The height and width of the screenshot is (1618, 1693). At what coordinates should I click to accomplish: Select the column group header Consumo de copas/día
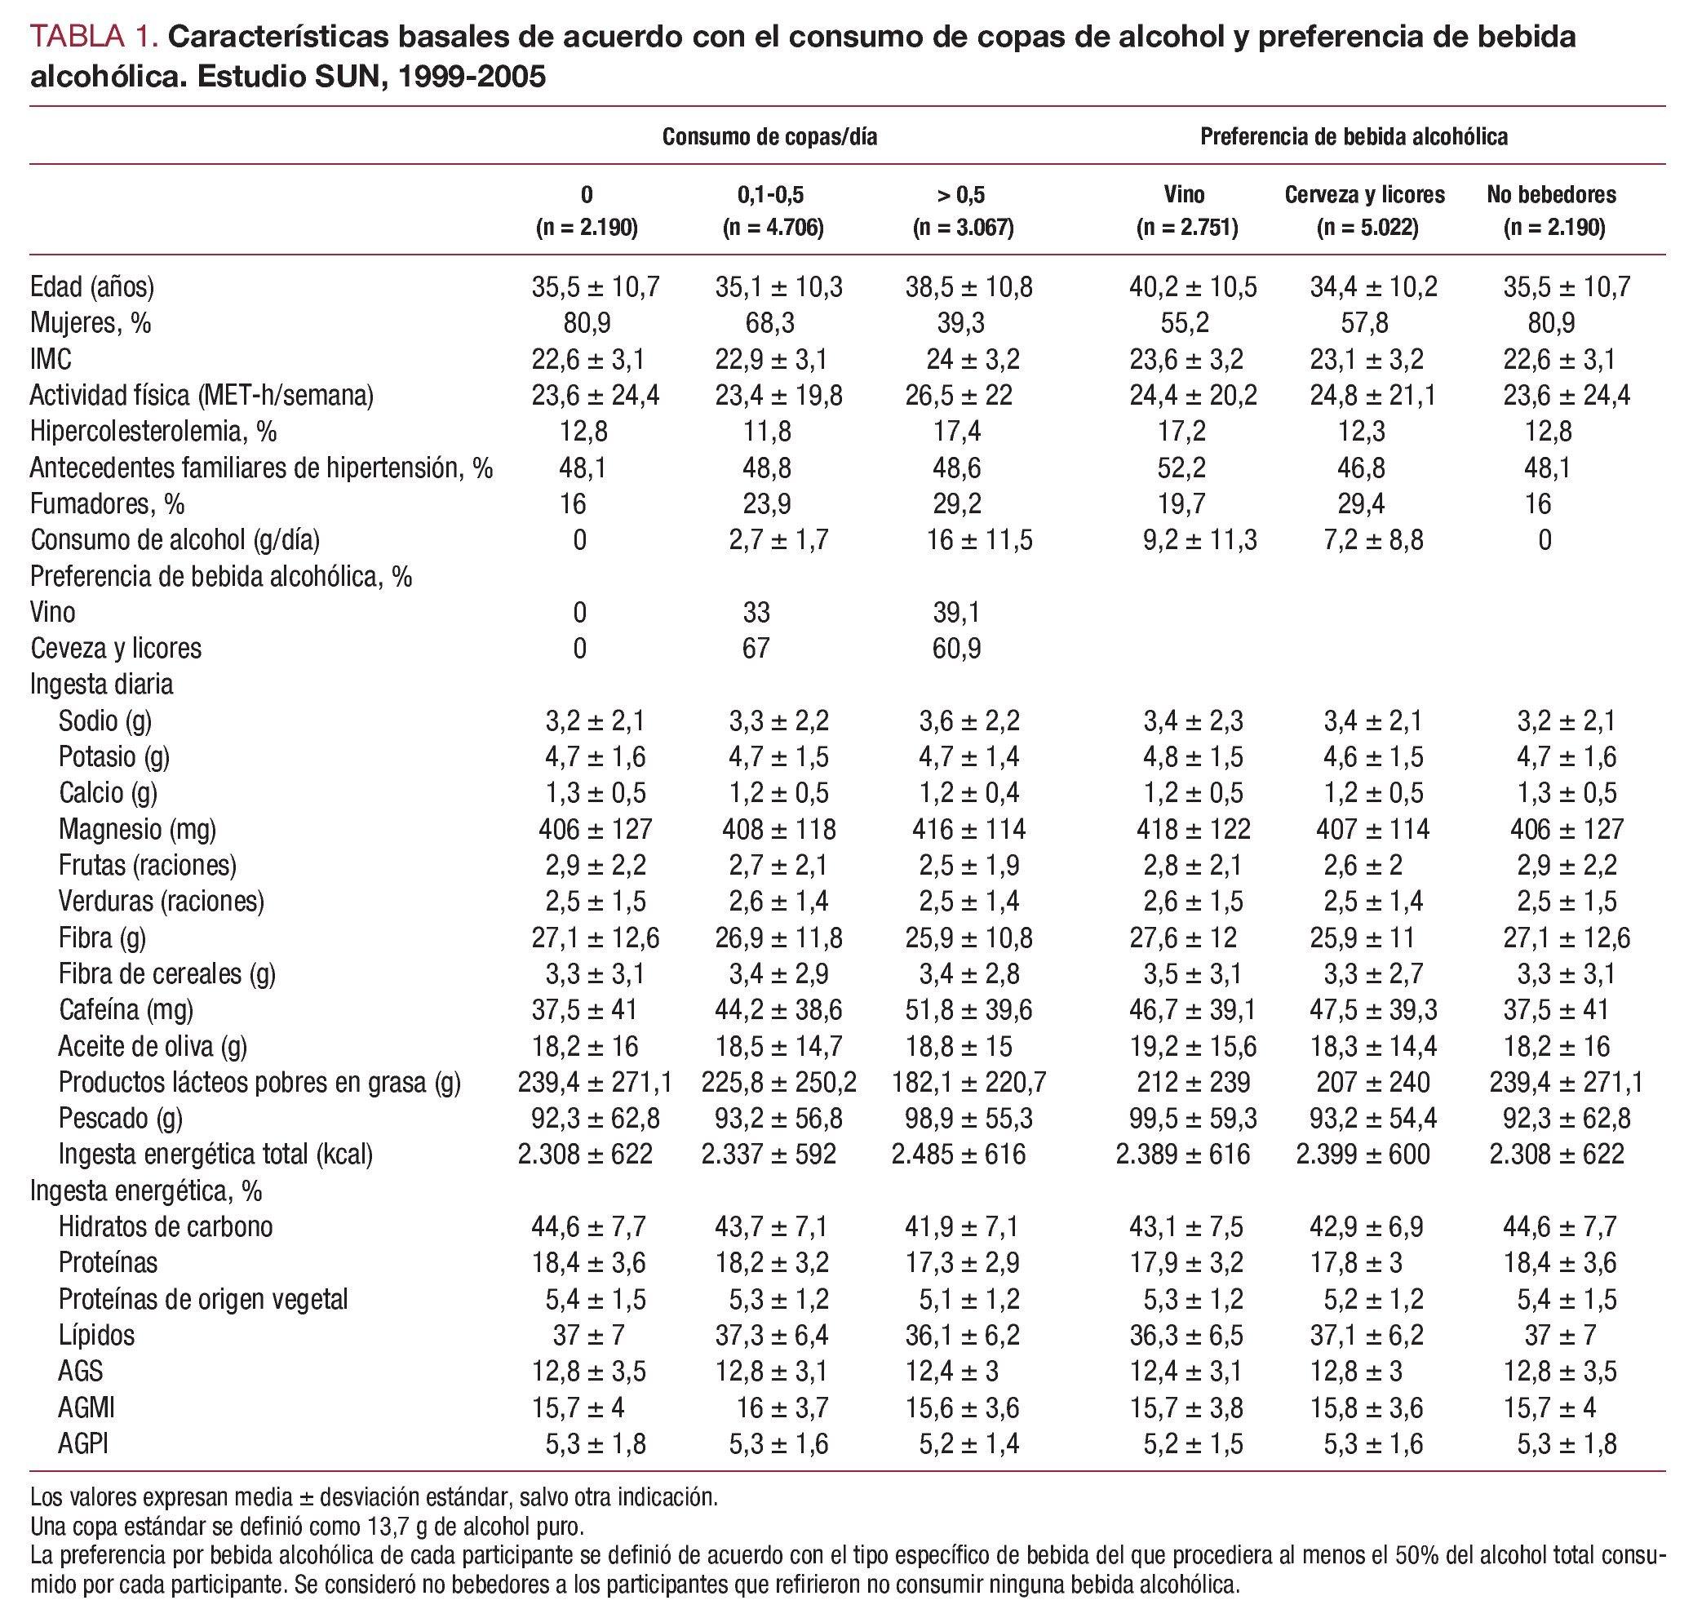pos(769,136)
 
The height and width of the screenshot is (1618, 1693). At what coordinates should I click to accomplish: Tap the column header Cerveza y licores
pos(1364,194)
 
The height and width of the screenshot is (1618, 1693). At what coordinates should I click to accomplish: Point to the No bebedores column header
pos(1551,194)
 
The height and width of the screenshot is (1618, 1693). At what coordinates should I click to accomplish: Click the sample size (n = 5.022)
pos(1367,228)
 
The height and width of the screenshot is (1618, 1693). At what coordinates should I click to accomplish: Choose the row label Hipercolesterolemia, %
pos(153,432)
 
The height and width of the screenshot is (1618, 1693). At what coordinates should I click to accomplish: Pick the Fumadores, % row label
pos(108,503)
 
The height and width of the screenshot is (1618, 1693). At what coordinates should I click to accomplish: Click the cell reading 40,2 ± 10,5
pos(1193,286)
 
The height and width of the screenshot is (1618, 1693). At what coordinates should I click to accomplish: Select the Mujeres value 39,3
pos(961,322)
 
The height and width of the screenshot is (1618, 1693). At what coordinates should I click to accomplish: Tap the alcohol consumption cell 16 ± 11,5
pos(979,540)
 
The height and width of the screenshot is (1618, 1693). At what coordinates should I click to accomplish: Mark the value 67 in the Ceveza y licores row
pos(756,648)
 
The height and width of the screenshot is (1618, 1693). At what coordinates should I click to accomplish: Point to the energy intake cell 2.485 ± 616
pos(959,1154)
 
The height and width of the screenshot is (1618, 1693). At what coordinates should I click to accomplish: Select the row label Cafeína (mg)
pos(126,1009)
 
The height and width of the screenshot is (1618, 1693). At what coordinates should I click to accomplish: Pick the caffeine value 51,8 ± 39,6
pos(968,1009)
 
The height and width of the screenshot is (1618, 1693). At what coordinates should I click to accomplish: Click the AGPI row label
pos(84,1443)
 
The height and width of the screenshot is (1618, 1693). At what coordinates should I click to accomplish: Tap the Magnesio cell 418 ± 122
pos(1193,829)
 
